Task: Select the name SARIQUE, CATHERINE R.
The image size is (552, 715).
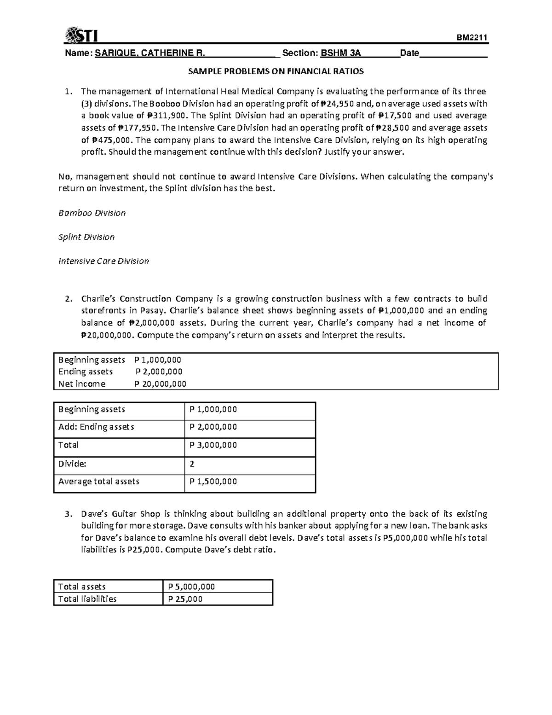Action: (150, 53)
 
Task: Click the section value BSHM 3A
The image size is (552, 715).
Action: (340, 53)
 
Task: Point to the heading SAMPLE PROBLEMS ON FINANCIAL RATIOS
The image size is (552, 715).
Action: (276, 71)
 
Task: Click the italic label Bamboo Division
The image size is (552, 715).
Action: (92, 213)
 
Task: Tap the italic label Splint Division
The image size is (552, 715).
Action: (86, 237)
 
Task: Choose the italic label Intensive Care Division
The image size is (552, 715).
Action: (103, 261)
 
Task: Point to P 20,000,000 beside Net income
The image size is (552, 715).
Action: (160, 384)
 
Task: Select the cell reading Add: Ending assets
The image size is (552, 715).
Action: (96, 427)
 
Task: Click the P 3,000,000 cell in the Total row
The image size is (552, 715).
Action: (213, 445)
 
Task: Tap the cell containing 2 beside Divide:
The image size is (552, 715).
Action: (192, 464)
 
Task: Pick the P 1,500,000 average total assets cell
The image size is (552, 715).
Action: (213, 482)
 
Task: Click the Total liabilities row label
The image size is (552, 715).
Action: (87, 599)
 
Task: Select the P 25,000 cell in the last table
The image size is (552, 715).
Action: (185, 599)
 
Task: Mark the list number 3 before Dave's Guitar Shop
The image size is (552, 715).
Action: (68, 514)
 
